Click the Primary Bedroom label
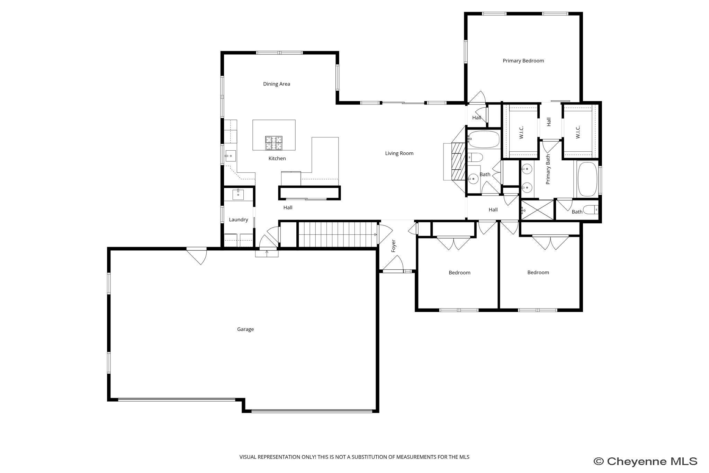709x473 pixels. [523, 61]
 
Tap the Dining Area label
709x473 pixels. [276, 84]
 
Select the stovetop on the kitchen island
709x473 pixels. [273, 143]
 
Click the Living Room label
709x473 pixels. [399, 153]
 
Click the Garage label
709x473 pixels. [245, 329]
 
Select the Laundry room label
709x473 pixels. [238, 220]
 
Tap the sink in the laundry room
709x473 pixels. [238, 194]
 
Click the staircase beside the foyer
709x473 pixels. [338, 234]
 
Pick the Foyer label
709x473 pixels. [393, 246]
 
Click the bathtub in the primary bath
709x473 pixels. [587, 179]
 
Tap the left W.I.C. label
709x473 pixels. [521, 132]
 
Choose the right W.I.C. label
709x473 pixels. [577, 132]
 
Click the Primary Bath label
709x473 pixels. [548, 169]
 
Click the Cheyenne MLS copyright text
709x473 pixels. [645, 461]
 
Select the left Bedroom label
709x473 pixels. [459, 273]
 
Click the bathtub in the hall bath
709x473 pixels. [484, 140]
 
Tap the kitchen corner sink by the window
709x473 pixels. [231, 156]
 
